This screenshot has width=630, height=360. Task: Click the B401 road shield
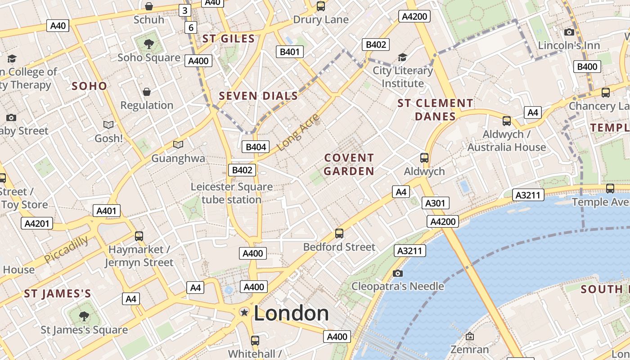coord(289,52)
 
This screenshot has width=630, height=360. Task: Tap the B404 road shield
coord(255,147)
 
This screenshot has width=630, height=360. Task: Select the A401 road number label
coord(107,211)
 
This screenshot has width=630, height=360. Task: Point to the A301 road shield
coord(435,203)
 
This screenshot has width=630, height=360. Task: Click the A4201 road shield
coord(37,224)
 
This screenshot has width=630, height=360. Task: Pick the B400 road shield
coord(587,67)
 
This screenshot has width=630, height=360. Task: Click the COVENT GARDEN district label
coord(349,164)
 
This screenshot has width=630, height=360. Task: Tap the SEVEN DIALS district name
coord(258,96)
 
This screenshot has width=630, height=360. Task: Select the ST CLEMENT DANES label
coord(435,110)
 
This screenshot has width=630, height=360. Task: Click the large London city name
coord(291,313)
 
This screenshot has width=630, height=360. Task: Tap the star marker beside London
coord(244,312)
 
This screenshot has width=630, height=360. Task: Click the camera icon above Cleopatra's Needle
coord(397,273)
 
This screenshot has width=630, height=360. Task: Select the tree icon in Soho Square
coord(148,44)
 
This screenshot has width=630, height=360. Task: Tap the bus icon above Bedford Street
coord(339,234)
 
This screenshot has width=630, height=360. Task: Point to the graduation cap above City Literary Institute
coord(402,58)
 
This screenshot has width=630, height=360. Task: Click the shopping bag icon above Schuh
coord(148,6)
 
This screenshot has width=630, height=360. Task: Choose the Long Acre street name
coord(298,132)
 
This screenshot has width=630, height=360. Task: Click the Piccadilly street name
coord(66,249)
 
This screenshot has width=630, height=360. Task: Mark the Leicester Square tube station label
coord(231,193)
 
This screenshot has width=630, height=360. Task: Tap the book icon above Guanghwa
coord(178,144)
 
